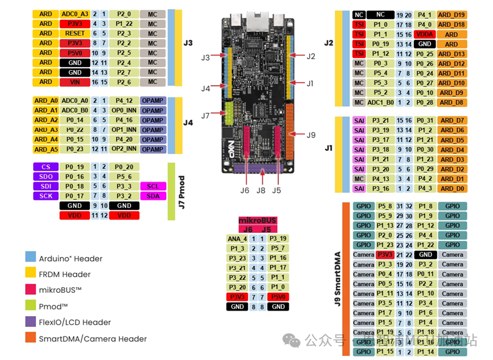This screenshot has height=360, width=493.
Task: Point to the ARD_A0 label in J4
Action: [x=46, y=100]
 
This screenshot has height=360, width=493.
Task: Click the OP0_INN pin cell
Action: [x=123, y=110]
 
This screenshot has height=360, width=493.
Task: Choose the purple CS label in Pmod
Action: [x=46, y=167]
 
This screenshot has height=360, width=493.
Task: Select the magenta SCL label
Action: [x=153, y=186]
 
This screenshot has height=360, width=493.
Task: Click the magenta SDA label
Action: [x=153, y=196]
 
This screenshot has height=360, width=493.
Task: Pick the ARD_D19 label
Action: [x=451, y=15]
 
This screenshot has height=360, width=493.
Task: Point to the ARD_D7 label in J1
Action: [x=451, y=120]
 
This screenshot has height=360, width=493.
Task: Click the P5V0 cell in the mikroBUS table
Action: [x=277, y=297]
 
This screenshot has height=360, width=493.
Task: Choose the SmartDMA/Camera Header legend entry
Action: [x=85, y=339]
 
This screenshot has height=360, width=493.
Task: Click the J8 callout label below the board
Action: [x=261, y=190]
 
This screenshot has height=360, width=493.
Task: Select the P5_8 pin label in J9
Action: [x=385, y=206]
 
